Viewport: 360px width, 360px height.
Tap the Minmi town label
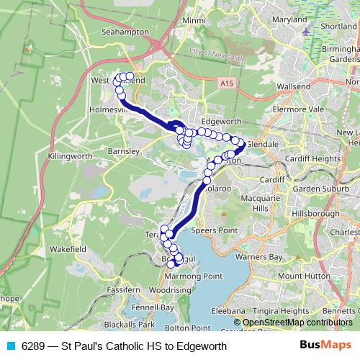pos(194,21)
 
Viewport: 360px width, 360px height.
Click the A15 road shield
pos(228,84)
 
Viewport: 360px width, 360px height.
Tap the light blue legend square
pos(9,346)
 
